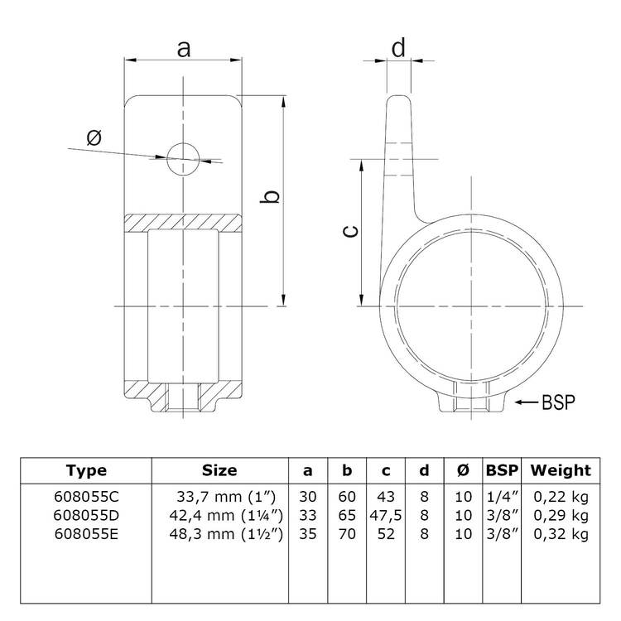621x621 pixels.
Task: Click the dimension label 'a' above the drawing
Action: click(x=184, y=49)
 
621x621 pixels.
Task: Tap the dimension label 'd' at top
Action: click(x=398, y=48)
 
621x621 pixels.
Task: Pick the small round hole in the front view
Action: click(x=183, y=157)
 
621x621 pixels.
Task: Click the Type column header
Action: click(x=86, y=471)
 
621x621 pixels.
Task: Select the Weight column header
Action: click(x=561, y=471)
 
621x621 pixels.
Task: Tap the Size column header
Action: click(x=219, y=471)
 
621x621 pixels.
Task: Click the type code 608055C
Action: click(x=86, y=497)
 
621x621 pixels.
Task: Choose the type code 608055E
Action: click(x=86, y=534)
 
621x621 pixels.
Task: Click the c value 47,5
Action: click(x=386, y=516)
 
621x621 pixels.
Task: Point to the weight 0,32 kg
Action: click(x=561, y=534)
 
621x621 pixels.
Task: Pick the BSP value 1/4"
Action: click(x=501, y=497)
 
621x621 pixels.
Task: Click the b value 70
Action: click(x=347, y=534)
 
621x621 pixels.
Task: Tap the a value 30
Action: click(x=308, y=497)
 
